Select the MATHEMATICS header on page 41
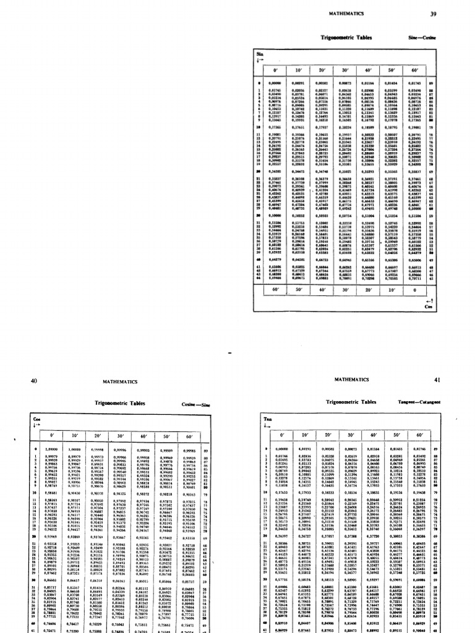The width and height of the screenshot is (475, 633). [351, 379]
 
